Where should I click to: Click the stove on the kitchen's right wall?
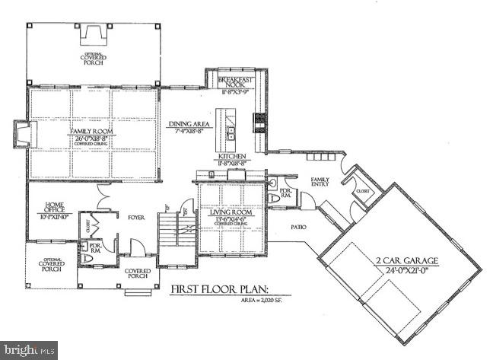pos(259,122)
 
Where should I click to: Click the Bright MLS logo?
pos(29,351)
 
